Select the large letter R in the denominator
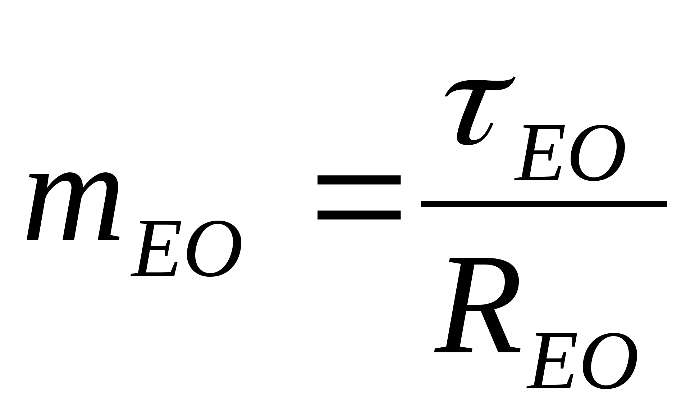tap(475, 306)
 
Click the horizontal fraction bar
tap(544, 204)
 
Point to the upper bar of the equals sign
tap(359, 180)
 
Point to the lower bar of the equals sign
tap(359, 215)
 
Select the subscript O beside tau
tap(597, 153)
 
